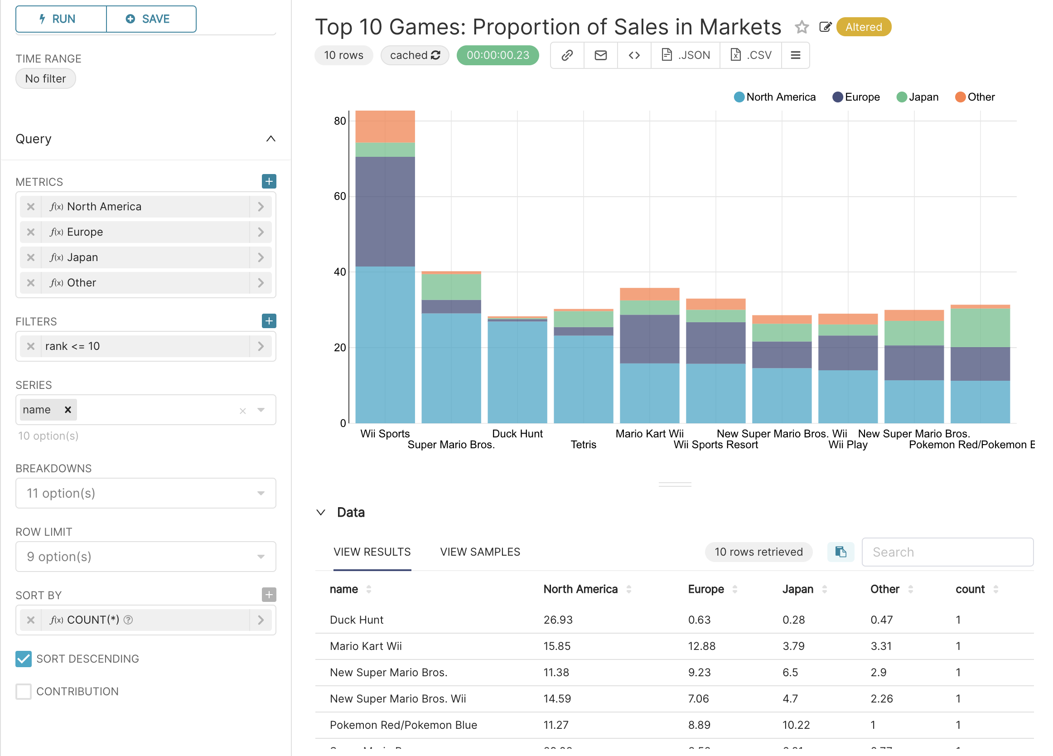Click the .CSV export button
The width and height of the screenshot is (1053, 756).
[750, 55]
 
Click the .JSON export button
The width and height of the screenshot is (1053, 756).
[685, 55]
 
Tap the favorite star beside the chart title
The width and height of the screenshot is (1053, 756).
[802, 27]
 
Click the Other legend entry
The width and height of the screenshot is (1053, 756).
[975, 97]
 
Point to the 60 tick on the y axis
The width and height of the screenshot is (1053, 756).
[340, 196]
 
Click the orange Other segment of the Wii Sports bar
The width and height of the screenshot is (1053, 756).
[385, 126]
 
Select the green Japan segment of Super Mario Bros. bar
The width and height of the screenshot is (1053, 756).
[451, 286]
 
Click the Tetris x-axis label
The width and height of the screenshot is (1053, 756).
[583, 445]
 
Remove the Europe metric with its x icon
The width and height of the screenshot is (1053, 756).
[31, 232]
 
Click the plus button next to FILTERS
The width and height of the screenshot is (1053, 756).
[269, 321]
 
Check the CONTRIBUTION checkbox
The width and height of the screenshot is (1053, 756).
[23, 691]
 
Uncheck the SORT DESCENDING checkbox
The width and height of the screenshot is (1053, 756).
[23, 659]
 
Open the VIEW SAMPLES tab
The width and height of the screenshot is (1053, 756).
[480, 552]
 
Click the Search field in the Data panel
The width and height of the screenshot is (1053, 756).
[947, 552]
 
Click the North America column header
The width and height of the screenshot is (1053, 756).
[580, 589]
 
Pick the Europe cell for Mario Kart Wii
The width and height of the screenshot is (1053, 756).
[701, 646]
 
